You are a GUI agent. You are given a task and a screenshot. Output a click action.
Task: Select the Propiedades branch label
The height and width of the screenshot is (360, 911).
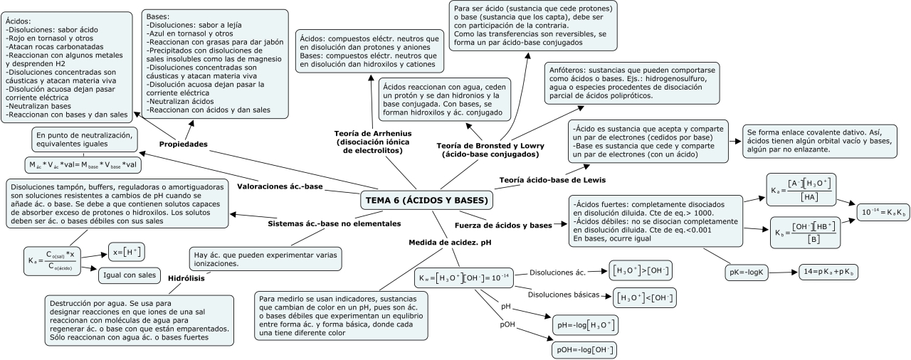coord(184,144)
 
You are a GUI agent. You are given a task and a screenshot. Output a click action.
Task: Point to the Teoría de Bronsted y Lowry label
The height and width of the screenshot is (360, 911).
coord(487,150)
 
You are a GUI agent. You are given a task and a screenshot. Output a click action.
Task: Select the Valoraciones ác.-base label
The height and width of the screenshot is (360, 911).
coord(280,186)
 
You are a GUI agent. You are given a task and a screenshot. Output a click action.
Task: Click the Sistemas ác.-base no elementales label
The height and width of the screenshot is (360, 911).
coord(335,223)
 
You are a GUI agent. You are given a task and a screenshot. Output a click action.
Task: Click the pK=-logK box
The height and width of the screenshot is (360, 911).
coord(747,272)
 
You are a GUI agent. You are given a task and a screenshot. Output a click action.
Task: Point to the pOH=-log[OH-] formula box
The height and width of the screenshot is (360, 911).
coord(584,350)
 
